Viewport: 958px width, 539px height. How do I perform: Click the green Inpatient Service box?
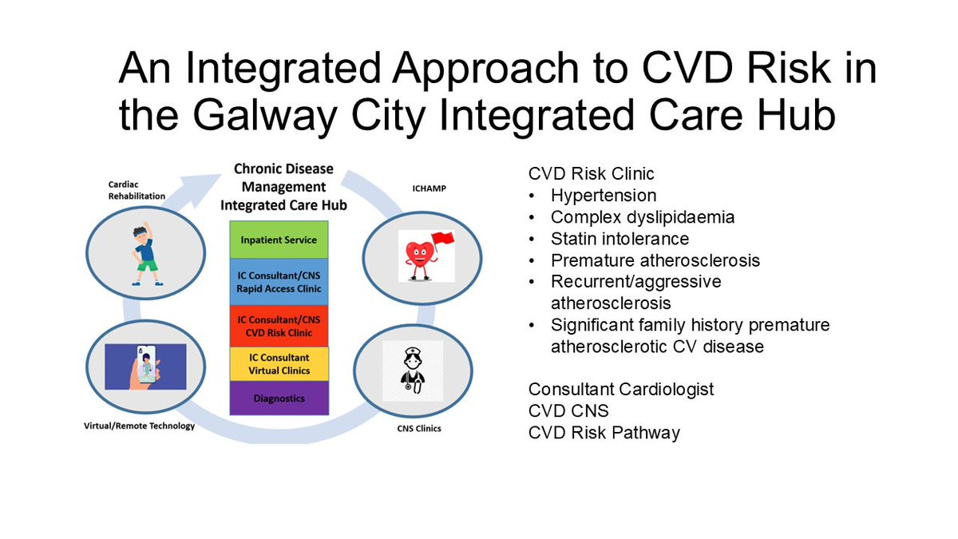[279, 240]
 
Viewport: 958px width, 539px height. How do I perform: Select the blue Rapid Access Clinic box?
[279, 282]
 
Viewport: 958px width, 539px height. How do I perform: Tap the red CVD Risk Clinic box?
[279, 326]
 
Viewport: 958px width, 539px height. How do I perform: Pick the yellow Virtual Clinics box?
[279, 364]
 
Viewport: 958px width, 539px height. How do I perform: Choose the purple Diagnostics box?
[279, 398]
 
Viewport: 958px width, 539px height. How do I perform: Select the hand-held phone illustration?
[145, 367]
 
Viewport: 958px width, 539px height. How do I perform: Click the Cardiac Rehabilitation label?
[137, 190]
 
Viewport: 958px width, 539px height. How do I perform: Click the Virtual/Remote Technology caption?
[139, 426]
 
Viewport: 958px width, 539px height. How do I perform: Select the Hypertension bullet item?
[603, 196]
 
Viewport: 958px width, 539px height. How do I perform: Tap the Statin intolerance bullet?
[620, 239]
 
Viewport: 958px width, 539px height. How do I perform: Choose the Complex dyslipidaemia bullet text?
[642, 217]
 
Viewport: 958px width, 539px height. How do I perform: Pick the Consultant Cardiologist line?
[621, 390]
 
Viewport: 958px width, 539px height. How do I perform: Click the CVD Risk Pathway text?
[604, 433]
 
